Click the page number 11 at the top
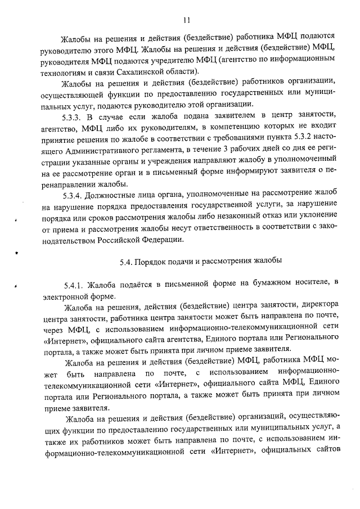186,21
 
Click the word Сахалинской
139,71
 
